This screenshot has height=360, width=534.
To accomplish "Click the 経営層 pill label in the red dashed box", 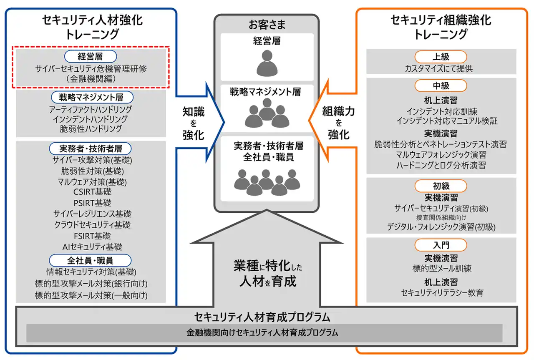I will (x=90, y=56).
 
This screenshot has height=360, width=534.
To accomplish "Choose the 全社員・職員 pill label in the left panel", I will (x=90, y=261).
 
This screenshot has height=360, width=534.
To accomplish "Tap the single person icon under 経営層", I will (x=267, y=63).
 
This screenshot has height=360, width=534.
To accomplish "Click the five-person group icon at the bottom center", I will (x=267, y=182).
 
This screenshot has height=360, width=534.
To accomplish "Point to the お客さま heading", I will (x=267, y=25).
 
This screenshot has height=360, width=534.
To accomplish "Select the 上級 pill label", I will (x=441, y=57).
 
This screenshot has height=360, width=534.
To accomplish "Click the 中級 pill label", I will (x=441, y=86).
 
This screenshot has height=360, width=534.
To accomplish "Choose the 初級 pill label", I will (x=441, y=186).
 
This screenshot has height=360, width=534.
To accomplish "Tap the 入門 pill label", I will (x=441, y=244).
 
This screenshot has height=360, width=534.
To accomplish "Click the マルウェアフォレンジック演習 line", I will (x=441, y=155).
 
